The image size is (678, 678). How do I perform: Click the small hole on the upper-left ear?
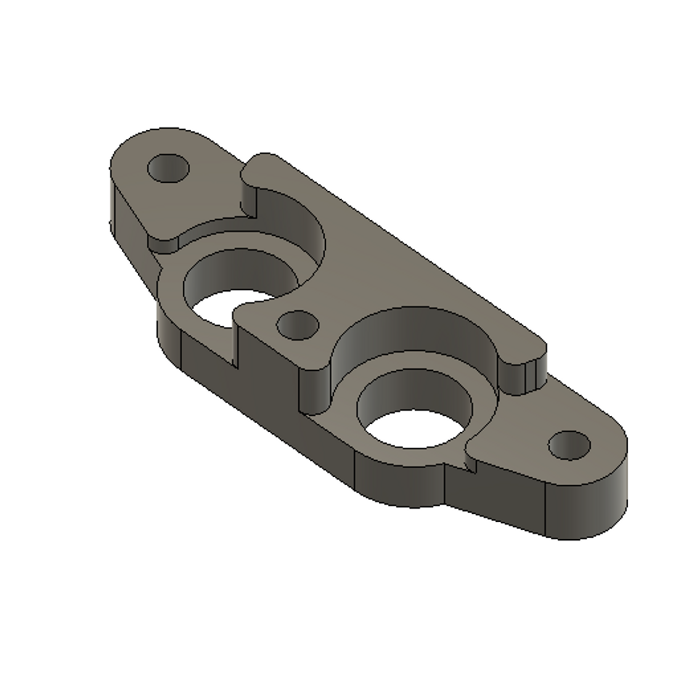[x=168, y=168]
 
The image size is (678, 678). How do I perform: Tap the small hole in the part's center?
[x=298, y=324]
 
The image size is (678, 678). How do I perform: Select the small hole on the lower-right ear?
[x=569, y=445]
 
